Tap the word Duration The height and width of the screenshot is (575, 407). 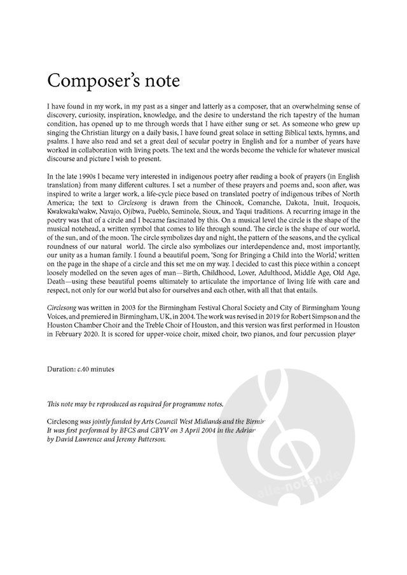[63, 369]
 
